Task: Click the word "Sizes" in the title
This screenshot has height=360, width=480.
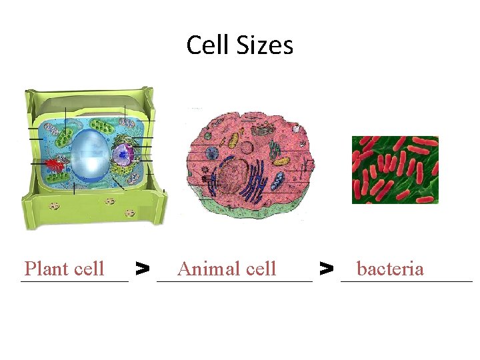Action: click(x=264, y=45)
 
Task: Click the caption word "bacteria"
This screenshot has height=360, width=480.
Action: click(x=390, y=269)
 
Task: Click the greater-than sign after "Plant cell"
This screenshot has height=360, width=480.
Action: click(x=142, y=269)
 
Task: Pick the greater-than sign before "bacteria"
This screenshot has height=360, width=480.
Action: click(x=326, y=269)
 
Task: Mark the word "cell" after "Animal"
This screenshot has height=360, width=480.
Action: click(x=261, y=269)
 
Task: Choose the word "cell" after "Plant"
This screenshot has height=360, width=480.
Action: click(x=90, y=269)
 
